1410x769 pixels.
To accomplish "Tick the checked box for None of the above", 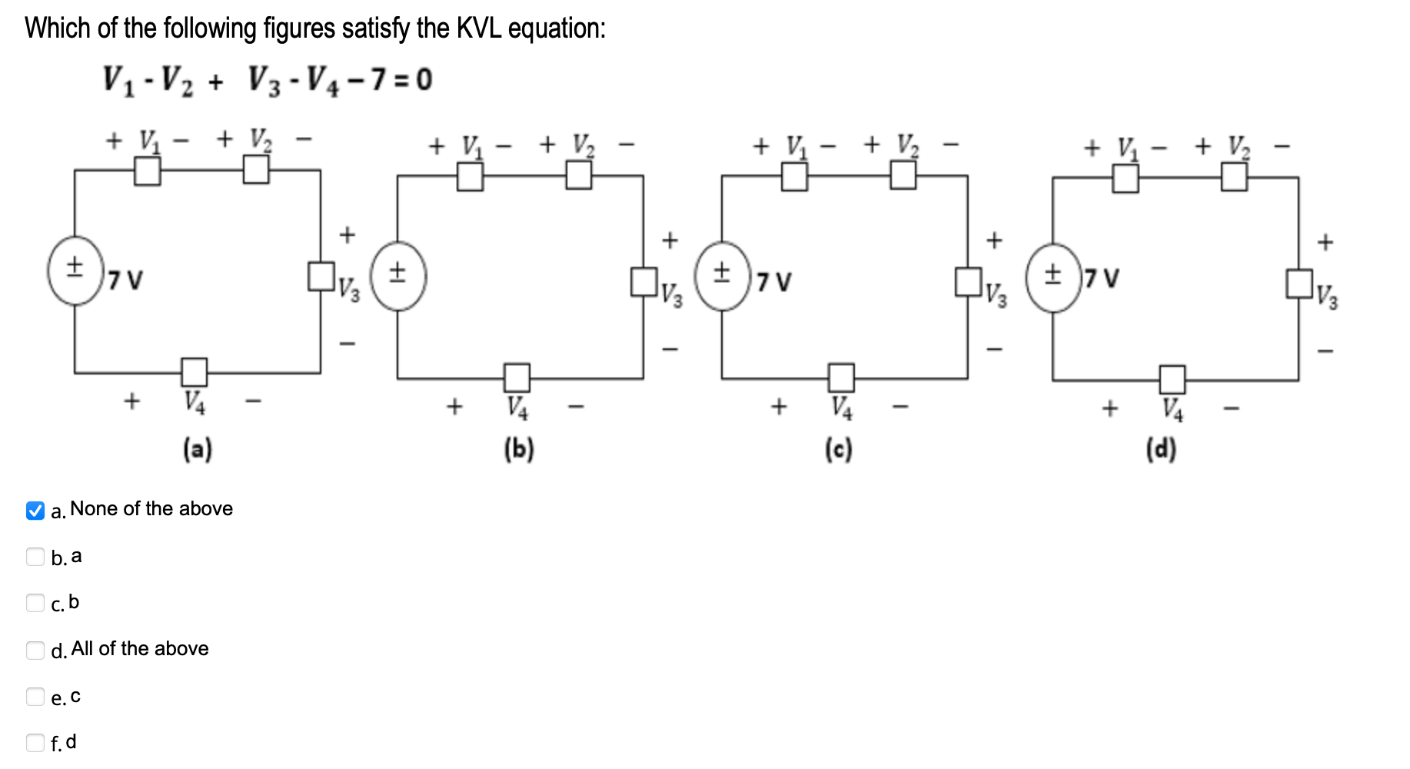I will [x=35, y=511].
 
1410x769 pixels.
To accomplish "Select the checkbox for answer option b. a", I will [x=35, y=557].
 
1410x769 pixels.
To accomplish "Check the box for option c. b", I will [x=35, y=603].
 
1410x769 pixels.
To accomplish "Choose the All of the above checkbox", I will [x=35, y=650].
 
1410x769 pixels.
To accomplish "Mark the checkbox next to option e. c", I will [x=35, y=697].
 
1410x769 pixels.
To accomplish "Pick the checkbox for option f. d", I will [x=35, y=742].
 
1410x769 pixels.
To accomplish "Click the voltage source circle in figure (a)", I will [x=75, y=271].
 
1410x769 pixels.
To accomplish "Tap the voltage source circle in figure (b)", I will [x=398, y=275].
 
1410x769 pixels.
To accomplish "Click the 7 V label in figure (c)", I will [x=773, y=282].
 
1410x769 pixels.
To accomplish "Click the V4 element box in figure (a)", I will [x=195, y=371].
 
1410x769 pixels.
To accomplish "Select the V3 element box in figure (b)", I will [x=644, y=281].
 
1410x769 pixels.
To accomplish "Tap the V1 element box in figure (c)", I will [x=795, y=178].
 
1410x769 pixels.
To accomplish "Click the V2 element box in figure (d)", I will [x=1234, y=178].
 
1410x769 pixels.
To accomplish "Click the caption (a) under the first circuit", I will [x=198, y=448].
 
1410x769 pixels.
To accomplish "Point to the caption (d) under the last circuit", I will [x=1161, y=449].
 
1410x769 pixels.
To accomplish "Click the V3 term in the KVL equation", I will [x=263, y=79].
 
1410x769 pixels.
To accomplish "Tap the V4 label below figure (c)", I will [x=842, y=407].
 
